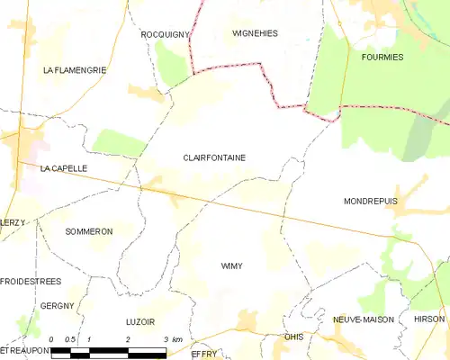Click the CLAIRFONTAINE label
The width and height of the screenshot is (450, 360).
tap(214, 157)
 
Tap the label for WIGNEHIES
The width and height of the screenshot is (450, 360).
tap(255, 33)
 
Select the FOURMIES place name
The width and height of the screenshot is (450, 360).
tap(382, 57)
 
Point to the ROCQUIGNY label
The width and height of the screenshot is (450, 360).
tap(166, 33)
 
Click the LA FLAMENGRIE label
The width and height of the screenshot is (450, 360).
tap(75, 69)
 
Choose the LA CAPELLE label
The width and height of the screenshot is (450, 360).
tap(63, 168)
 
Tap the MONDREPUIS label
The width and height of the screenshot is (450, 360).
tap(370, 202)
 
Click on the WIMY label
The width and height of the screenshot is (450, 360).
tap(232, 266)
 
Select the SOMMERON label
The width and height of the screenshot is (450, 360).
tap(89, 231)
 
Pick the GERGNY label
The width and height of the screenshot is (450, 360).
tap(57, 306)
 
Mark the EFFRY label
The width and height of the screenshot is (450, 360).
tap(205, 354)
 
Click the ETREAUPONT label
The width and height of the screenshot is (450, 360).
tap(22, 349)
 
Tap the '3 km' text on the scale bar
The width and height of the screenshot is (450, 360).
tap(175, 339)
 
